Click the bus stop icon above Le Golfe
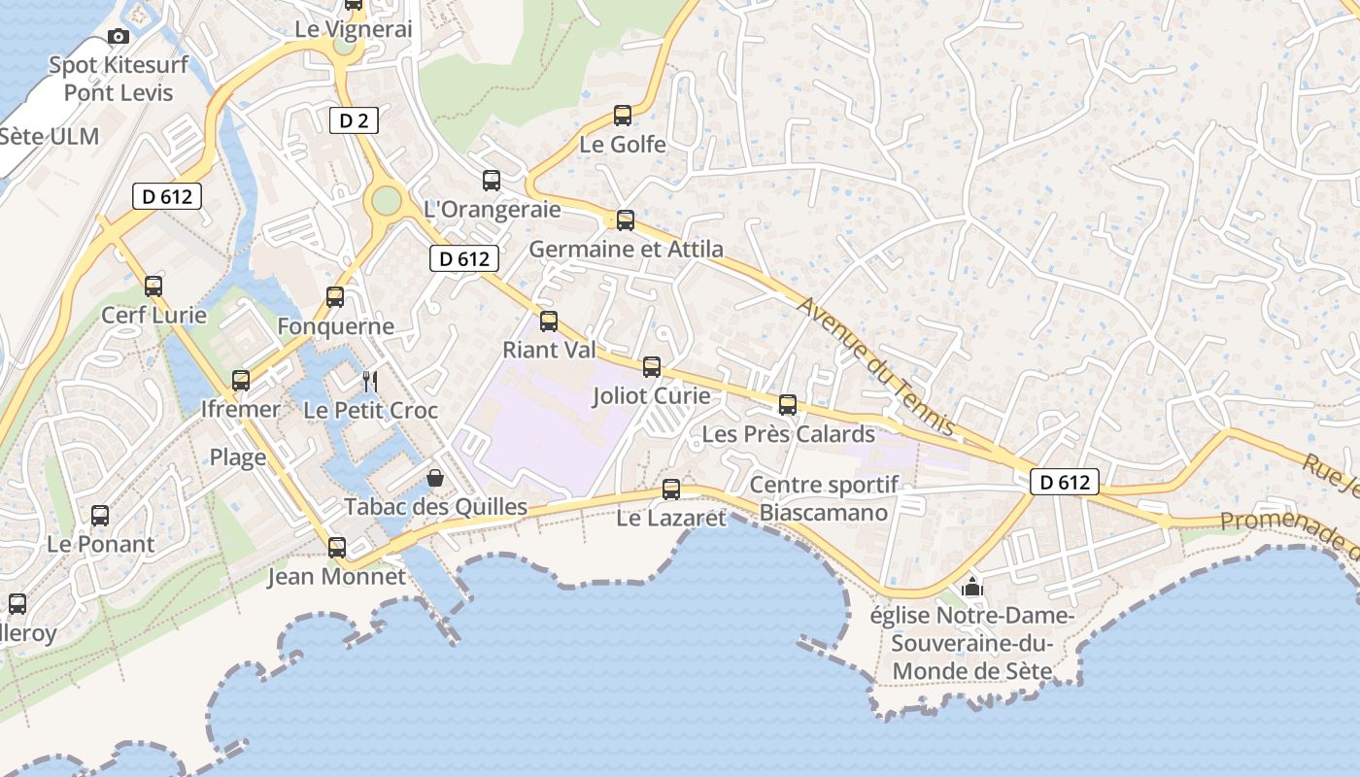[x=623, y=116]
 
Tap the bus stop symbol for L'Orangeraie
[x=492, y=180]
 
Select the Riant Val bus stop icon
[x=549, y=321]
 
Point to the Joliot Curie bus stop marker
[x=652, y=367]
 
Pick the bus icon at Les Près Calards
[x=788, y=405]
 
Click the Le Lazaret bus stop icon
[x=671, y=490]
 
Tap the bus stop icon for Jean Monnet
[x=337, y=548]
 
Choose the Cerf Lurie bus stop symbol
[x=153, y=287]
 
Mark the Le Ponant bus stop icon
[x=100, y=516]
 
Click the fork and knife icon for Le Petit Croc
[x=369, y=381]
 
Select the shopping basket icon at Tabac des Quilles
[x=435, y=478]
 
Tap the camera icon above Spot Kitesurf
[x=119, y=37]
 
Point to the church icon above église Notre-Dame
[x=971, y=587]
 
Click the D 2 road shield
[x=354, y=120]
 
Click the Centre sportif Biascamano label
[x=824, y=498]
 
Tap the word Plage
[x=238, y=457]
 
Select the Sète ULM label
[x=49, y=136]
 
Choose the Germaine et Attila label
[x=626, y=250]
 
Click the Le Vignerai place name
[x=354, y=29]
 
